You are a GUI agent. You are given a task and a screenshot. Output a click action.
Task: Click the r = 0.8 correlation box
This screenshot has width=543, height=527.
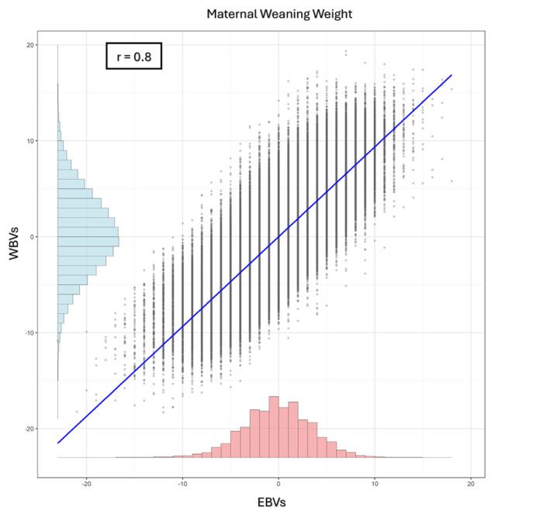coord(133,56)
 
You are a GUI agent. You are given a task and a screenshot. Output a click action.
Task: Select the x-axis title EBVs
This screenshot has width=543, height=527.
coord(271,503)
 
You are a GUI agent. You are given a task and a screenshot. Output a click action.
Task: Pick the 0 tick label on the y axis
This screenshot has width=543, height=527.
coord(30,237)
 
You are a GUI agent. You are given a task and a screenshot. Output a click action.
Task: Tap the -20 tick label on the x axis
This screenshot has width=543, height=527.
coord(86,484)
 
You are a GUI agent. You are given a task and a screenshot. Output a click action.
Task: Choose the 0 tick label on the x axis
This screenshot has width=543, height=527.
coord(278,484)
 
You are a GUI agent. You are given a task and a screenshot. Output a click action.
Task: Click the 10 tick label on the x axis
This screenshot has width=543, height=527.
coord(375,484)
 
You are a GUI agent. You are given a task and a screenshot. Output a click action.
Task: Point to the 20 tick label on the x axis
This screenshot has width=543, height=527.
coord(471,484)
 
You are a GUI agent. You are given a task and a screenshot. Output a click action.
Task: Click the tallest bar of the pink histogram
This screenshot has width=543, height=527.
coord(274,426)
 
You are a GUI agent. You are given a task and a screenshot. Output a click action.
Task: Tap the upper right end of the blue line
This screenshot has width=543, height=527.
coord(451,75)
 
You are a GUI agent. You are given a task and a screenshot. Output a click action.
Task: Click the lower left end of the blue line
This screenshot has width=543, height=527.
coord(58,443)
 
